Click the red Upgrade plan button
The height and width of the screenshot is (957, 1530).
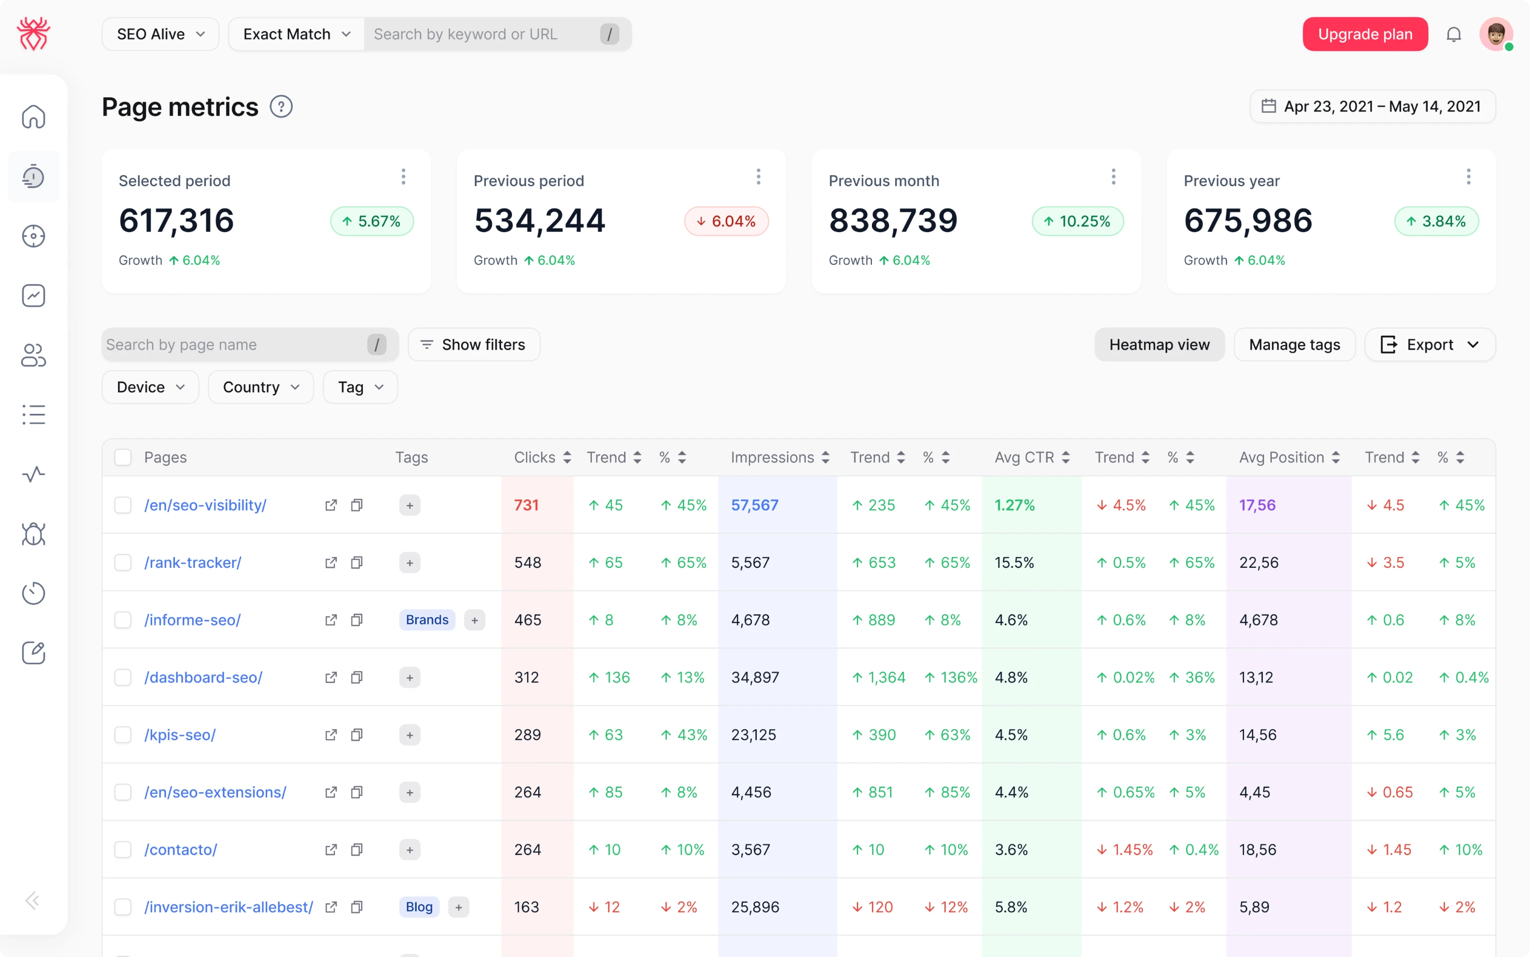(x=1364, y=34)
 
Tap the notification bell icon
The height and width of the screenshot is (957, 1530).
(x=1453, y=34)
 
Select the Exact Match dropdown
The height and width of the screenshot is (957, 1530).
(x=296, y=34)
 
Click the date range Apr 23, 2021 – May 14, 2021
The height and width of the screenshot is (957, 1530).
(x=1373, y=106)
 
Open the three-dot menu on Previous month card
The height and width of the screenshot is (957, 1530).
(x=1113, y=177)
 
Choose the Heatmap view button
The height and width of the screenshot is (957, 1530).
(x=1159, y=345)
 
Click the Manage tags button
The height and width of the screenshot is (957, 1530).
(x=1294, y=345)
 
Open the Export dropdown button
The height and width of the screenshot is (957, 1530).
(x=1429, y=345)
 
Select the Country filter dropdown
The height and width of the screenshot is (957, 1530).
(x=260, y=387)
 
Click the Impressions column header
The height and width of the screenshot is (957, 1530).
(x=772, y=458)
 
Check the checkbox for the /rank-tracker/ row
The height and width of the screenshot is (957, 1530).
(x=123, y=562)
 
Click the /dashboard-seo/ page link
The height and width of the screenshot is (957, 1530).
(x=203, y=677)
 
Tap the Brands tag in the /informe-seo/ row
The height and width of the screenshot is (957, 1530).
(x=427, y=620)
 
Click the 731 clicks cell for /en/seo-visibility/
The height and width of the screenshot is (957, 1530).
(x=526, y=505)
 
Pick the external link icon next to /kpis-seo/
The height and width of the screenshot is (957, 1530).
(x=331, y=735)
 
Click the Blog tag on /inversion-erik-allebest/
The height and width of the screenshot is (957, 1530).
(x=419, y=907)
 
